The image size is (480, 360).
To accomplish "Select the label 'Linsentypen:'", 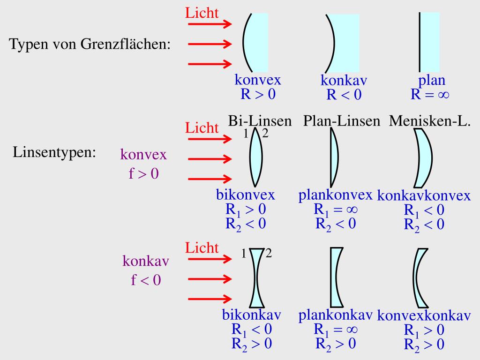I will point(54,153).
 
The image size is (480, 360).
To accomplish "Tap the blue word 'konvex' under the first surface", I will point(258,80).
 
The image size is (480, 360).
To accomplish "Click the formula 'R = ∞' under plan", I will point(430,95).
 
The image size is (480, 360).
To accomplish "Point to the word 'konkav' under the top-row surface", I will point(344,81).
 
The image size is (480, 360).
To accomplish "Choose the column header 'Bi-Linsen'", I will point(260,121).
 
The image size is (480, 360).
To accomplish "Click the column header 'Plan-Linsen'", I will point(341,121).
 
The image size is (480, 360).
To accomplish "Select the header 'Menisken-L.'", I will point(430,121).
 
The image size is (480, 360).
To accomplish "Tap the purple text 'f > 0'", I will point(144,174).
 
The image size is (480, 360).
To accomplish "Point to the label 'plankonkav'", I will point(335,315).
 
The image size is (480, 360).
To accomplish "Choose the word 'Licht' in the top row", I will point(202,13).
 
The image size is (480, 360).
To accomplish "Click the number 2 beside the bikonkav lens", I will point(269,254).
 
